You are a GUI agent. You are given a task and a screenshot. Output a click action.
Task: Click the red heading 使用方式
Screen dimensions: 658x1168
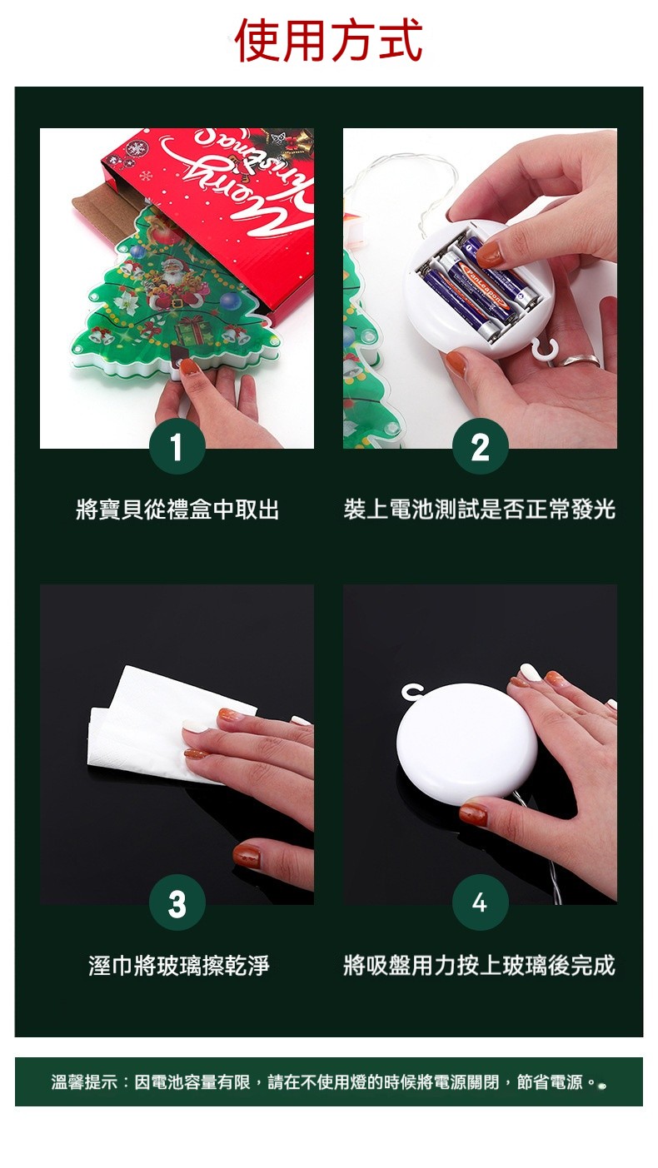pyautogui.click(x=329, y=40)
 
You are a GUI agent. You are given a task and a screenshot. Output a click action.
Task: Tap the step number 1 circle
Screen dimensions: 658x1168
pyautogui.click(x=177, y=446)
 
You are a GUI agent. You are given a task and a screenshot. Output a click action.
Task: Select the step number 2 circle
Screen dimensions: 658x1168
pyautogui.click(x=480, y=446)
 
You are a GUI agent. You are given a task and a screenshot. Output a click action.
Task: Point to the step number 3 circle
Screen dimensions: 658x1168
pyautogui.click(x=177, y=902)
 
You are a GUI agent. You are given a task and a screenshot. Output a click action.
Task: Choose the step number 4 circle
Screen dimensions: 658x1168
pyautogui.click(x=480, y=902)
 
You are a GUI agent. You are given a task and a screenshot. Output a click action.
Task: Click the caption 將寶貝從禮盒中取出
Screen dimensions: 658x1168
pyautogui.click(x=177, y=509)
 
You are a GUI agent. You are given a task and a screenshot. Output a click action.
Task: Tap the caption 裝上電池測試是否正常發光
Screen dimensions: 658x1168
pyautogui.click(x=480, y=509)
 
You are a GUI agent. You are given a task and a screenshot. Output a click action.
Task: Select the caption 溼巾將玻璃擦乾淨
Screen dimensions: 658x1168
pyautogui.click(x=179, y=966)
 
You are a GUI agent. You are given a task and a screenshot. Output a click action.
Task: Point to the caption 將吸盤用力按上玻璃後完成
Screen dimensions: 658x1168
pyautogui.click(x=480, y=966)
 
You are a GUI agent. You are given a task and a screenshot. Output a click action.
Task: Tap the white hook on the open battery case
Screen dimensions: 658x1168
pyautogui.click(x=543, y=348)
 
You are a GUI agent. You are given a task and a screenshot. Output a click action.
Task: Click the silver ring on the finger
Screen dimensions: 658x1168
pyautogui.click(x=581, y=360)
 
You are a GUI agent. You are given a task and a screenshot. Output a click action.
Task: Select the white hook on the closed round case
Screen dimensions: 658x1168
pyautogui.click(x=412, y=693)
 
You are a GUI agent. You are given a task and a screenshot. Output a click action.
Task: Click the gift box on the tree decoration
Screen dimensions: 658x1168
pyautogui.click(x=192, y=333)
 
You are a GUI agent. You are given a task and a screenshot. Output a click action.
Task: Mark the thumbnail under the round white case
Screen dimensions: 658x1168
pyautogui.click(x=473, y=814)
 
